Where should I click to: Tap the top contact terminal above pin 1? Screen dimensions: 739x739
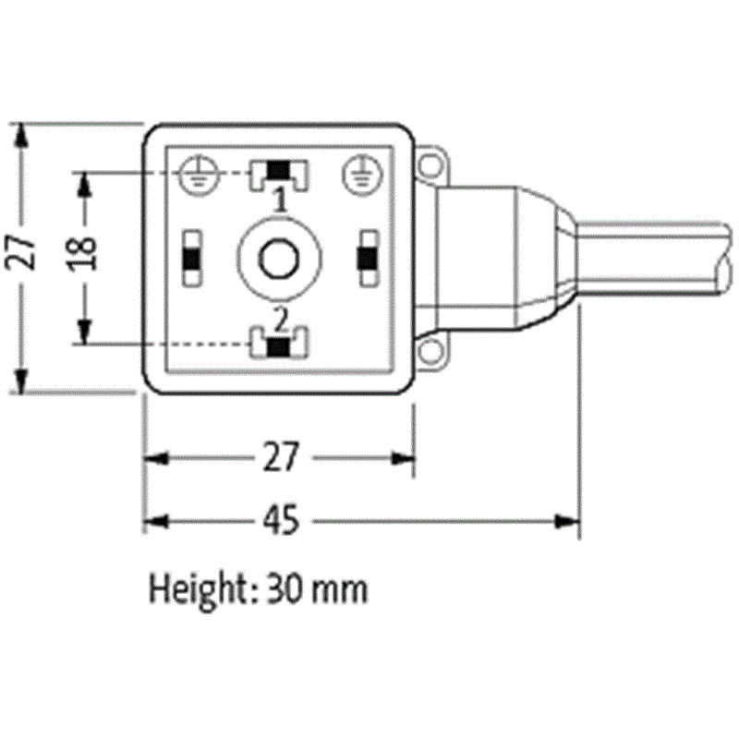(278, 171)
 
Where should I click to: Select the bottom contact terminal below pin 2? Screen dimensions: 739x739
(278, 346)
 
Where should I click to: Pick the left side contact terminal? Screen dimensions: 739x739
(192, 259)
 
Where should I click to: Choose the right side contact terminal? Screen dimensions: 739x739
(367, 259)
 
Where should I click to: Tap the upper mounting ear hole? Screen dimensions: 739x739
(429, 167)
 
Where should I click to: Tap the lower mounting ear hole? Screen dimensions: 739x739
(429, 352)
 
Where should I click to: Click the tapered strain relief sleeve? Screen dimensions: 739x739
(545, 259)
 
